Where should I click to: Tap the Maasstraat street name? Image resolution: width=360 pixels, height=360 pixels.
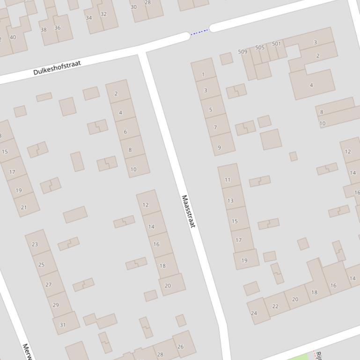[x=188, y=211]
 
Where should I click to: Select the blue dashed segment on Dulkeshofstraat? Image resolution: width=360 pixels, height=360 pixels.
[x=199, y=32]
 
